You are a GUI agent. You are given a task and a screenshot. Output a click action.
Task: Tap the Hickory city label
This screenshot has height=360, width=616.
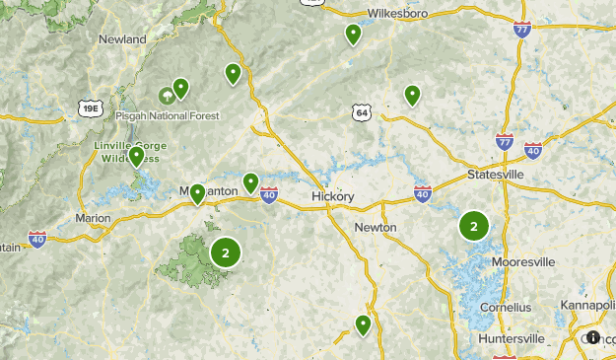pyautogui.click(x=331, y=196)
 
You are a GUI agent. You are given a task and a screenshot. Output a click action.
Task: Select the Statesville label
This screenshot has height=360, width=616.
pyautogui.click(x=494, y=175)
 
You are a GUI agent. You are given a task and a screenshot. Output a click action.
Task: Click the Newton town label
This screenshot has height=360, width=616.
pyautogui.click(x=376, y=227)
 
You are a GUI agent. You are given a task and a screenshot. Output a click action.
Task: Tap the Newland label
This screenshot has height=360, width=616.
pyautogui.click(x=122, y=39)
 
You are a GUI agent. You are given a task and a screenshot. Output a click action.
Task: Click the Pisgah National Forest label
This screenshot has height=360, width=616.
pyautogui.click(x=168, y=115)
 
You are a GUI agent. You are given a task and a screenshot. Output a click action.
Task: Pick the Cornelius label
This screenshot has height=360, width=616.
pyautogui.click(x=506, y=307)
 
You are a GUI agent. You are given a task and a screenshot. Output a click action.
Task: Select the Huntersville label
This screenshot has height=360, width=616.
pyautogui.click(x=511, y=338)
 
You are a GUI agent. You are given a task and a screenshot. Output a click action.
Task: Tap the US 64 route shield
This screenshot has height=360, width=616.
pyautogui.click(x=362, y=113)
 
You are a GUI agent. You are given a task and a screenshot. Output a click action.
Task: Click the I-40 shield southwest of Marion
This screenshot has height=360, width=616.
pyautogui.click(x=36, y=239)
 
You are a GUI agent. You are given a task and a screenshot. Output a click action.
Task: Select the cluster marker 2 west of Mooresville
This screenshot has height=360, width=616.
pyautogui.click(x=474, y=227)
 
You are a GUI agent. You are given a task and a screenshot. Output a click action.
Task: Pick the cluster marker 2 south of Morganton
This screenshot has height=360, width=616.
pyautogui.click(x=226, y=253)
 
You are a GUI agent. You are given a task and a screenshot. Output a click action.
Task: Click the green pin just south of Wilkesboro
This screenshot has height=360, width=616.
pyautogui.click(x=353, y=35)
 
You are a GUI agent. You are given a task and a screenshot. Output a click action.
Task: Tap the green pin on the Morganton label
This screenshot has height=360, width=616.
pyautogui.click(x=198, y=193)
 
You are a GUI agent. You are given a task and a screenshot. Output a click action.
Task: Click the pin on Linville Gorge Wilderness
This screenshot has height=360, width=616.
pyautogui.click(x=136, y=156)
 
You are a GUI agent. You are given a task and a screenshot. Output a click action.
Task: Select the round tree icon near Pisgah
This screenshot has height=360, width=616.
pyautogui.click(x=168, y=96)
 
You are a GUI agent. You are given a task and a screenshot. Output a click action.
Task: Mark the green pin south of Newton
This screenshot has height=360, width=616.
pyautogui.click(x=363, y=324)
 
